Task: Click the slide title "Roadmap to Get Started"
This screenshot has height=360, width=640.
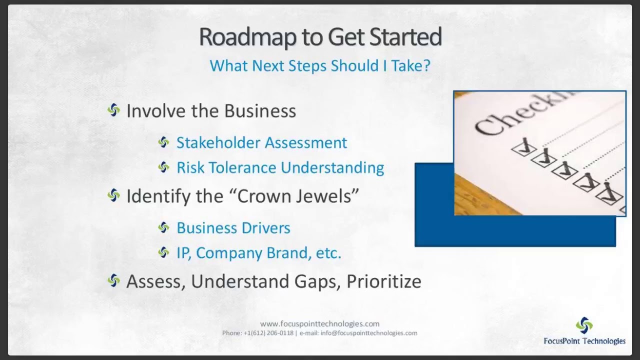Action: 320,37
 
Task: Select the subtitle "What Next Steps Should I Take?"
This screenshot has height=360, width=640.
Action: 320,65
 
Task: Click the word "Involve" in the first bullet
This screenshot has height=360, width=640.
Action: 148,111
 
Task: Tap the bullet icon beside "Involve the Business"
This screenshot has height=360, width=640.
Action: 114,110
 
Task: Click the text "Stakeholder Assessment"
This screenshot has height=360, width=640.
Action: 261,143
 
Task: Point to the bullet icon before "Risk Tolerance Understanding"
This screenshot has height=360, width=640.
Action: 164,167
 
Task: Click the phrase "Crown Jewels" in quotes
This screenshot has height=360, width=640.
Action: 298,196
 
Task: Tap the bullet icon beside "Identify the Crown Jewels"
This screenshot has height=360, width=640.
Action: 114,195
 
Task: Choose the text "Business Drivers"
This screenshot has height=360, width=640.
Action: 233,228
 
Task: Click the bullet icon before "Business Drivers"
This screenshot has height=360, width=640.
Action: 164,228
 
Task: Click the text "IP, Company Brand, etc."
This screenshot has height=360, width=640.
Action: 258,253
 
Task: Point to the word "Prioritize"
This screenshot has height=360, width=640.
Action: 384,281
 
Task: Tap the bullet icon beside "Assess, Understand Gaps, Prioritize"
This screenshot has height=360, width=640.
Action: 114,281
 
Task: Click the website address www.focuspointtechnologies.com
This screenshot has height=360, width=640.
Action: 320,323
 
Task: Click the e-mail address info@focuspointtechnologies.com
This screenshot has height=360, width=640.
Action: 369,333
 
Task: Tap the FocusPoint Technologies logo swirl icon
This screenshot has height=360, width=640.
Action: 584,325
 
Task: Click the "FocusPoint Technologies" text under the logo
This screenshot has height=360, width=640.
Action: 584,341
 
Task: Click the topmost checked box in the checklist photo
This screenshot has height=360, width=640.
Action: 523,147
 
